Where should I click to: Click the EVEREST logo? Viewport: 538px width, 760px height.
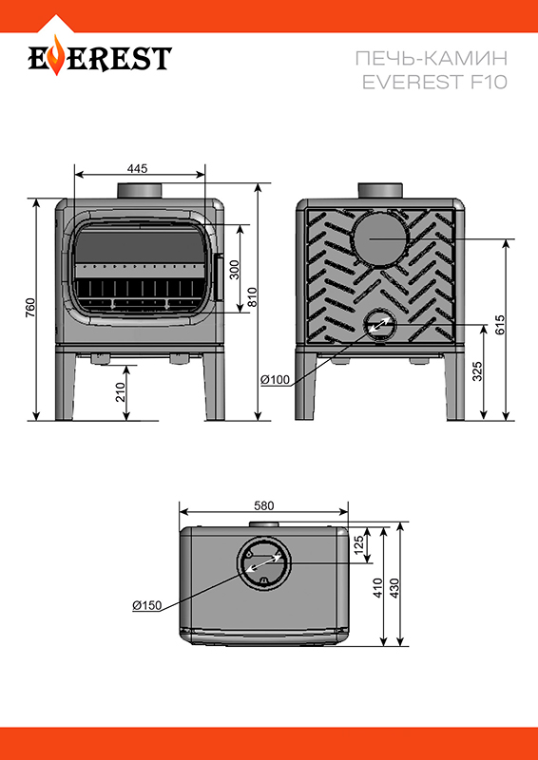100,56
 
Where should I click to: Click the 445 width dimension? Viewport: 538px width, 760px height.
137,169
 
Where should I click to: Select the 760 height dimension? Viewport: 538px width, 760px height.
30,308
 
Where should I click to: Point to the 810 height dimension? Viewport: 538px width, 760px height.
252,297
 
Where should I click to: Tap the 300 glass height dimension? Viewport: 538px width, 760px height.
235,269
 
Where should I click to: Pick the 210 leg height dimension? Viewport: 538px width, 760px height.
120,391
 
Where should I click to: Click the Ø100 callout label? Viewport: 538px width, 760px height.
275,380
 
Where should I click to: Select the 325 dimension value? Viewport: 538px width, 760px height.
477,371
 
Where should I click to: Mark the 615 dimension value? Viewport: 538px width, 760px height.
500,325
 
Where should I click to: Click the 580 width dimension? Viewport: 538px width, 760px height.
264,505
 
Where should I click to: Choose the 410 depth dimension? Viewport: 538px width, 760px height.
378,587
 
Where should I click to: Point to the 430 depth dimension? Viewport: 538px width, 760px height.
394,587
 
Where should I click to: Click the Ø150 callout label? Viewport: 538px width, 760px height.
146,605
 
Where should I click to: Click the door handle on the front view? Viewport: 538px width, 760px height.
219,277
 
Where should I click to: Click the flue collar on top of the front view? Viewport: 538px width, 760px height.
139,191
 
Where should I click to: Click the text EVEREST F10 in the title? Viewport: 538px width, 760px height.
434,82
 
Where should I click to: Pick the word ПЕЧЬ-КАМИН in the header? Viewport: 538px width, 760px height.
432,59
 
